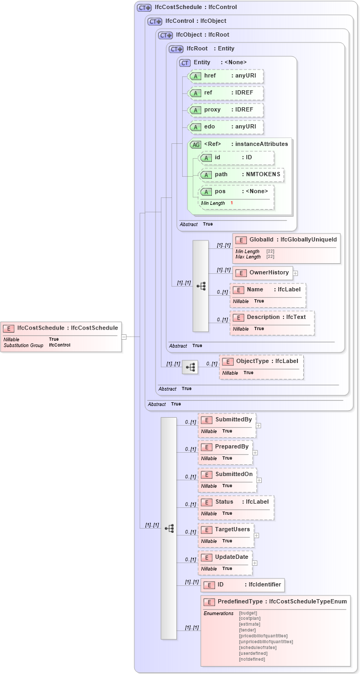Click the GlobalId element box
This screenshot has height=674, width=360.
click(x=286, y=248)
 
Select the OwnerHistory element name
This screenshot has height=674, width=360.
click(x=270, y=273)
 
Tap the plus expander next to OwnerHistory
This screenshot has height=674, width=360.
click(x=295, y=273)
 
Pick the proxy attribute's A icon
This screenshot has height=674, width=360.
click(x=195, y=110)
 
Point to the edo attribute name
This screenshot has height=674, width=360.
click(x=209, y=127)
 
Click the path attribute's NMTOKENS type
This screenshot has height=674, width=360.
click(x=262, y=174)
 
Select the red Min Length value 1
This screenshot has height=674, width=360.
click(x=232, y=203)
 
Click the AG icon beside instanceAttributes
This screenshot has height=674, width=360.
click(x=195, y=144)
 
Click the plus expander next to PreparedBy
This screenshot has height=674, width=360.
click(x=255, y=453)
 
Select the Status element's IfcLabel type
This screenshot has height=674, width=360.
click(x=257, y=502)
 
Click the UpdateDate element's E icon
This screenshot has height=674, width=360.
click(x=207, y=557)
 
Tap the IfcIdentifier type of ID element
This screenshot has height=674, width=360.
click(x=263, y=585)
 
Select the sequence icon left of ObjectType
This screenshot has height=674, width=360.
click(x=190, y=367)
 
